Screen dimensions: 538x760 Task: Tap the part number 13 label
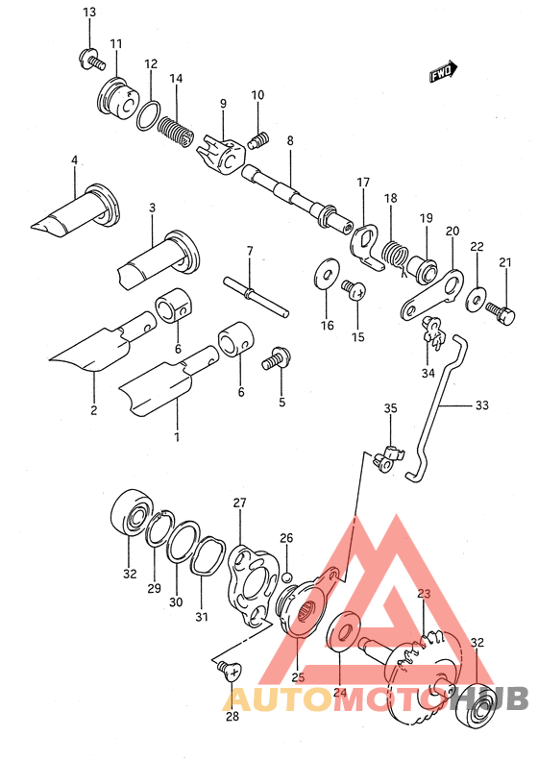tap(89, 12)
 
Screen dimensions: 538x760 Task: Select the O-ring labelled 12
tap(148, 115)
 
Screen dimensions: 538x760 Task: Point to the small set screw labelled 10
tap(257, 140)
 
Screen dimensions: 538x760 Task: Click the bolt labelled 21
tap(501, 311)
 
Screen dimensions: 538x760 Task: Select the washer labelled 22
tap(477, 299)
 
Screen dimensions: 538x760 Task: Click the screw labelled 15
tap(354, 288)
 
